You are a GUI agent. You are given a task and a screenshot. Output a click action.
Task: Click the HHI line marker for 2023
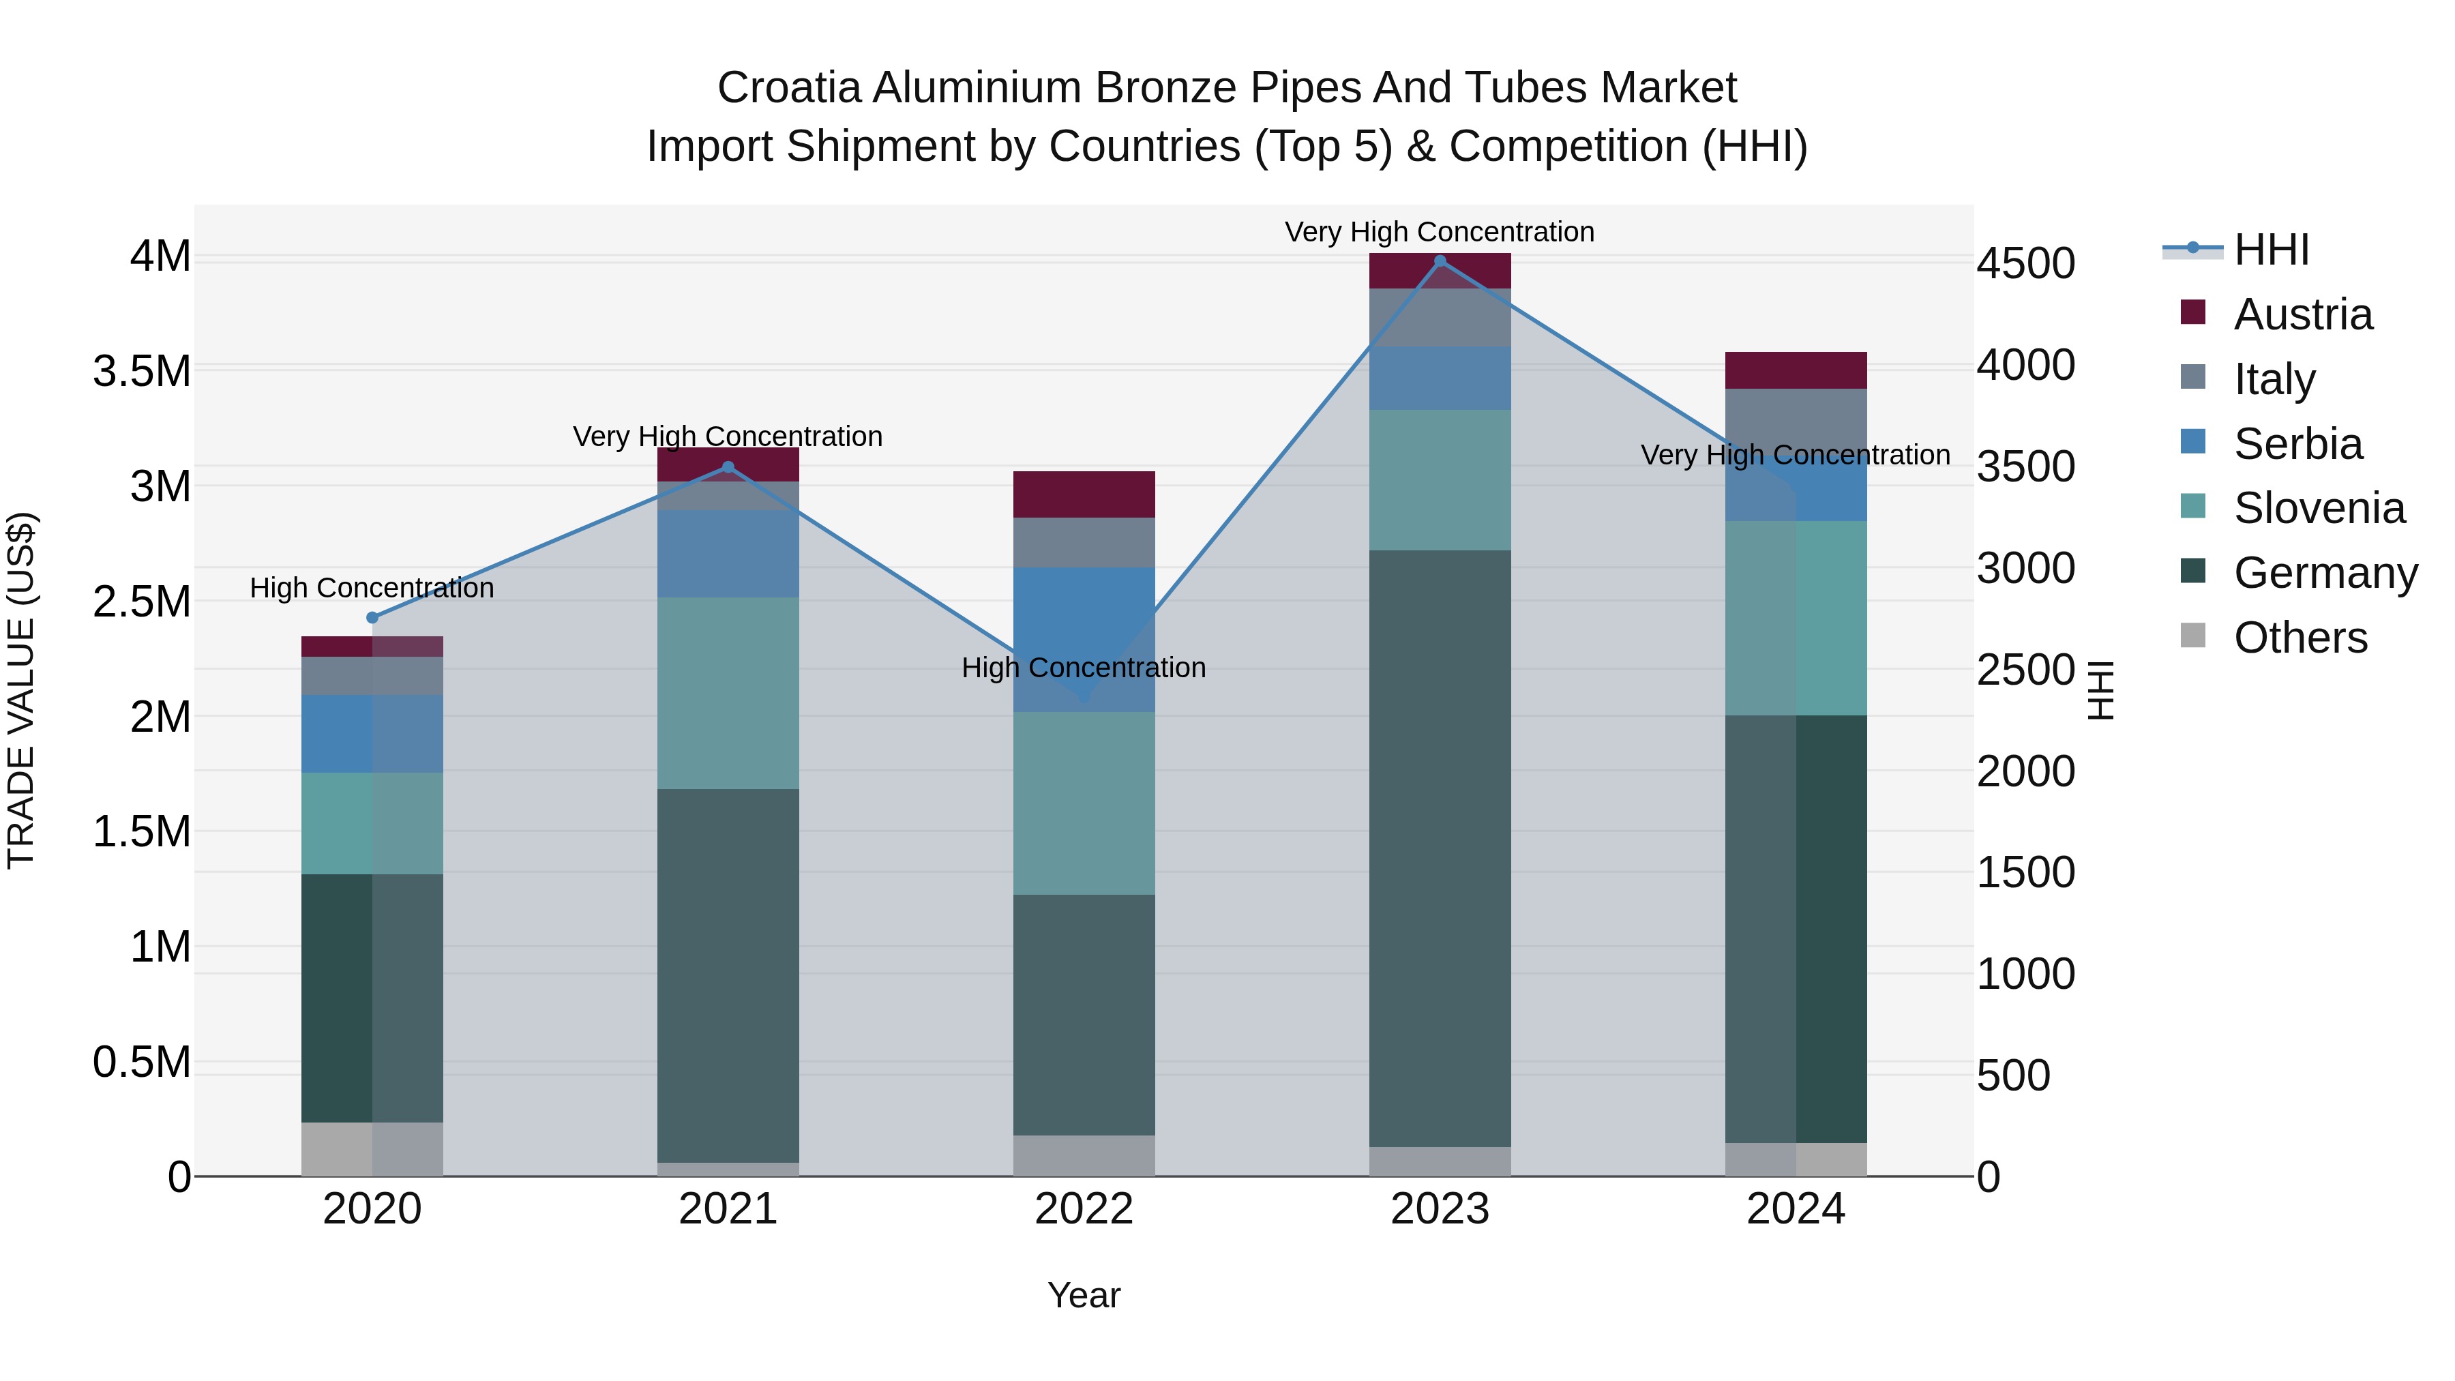(1440, 261)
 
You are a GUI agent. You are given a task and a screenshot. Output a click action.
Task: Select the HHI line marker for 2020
(372, 618)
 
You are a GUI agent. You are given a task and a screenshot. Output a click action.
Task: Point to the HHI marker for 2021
(728, 467)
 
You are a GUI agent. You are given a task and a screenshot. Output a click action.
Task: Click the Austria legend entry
(2302, 314)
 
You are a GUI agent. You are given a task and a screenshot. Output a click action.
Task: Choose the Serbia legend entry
(2297, 444)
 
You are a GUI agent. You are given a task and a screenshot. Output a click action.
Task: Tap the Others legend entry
(2299, 638)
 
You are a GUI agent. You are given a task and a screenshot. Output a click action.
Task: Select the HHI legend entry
(2270, 250)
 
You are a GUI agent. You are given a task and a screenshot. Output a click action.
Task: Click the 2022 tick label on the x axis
(1084, 1209)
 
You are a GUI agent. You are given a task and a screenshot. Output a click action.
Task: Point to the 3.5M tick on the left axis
(142, 371)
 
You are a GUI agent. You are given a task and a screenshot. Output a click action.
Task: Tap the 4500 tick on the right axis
(2025, 263)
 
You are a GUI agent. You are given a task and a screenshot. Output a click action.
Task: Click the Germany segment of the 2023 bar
(1440, 848)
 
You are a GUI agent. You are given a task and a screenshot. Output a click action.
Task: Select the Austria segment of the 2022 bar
(1084, 494)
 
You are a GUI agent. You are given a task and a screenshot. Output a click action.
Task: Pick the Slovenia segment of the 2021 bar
(728, 693)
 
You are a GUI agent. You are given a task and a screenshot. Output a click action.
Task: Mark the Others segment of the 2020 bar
(372, 1149)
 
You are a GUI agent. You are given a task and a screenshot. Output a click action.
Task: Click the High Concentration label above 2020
(372, 588)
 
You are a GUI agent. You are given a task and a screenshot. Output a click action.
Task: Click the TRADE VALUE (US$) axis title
(21, 690)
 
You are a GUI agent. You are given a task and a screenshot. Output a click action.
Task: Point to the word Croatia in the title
(789, 88)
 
